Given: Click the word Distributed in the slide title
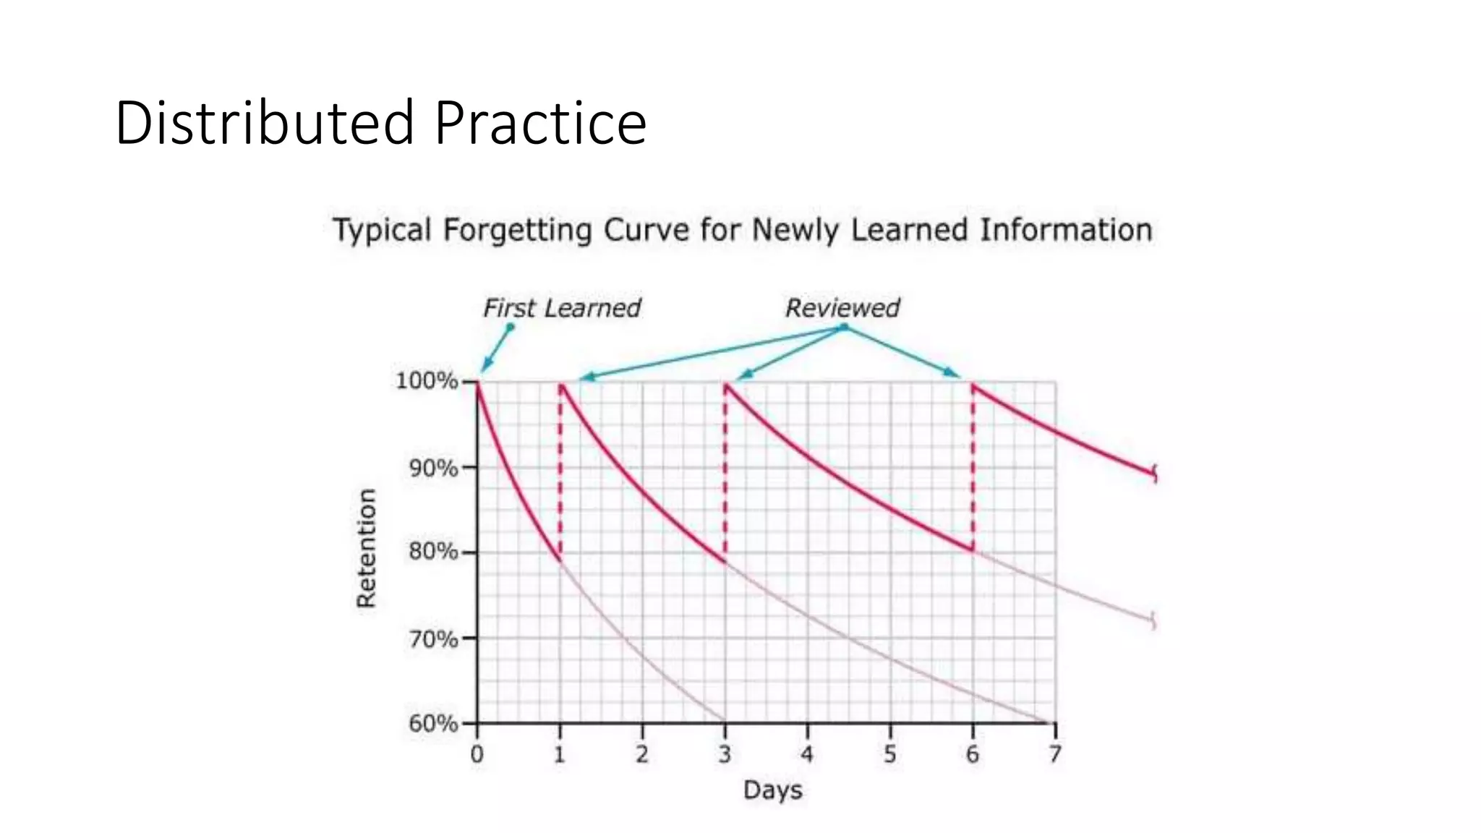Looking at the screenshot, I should (x=265, y=123).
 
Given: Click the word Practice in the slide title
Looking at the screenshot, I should (x=540, y=123).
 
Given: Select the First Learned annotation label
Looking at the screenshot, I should (x=561, y=308).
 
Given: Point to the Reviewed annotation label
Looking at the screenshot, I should (x=842, y=308).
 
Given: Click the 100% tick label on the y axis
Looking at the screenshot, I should (x=426, y=381).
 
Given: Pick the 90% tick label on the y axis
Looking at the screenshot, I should (x=432, y=468).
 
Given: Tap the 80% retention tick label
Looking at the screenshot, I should (x=432, y=552).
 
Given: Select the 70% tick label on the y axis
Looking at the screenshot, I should (x=432, y=638).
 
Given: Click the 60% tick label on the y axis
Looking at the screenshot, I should (x=432, y=723).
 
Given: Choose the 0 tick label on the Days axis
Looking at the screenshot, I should (x=477, y=754).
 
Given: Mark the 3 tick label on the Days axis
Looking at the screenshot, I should (x=725, y=754).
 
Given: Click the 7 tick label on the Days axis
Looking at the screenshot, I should (x=1055, y=754).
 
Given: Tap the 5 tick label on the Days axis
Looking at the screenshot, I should (x=890, y=754).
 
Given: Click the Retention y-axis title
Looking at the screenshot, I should (x=367, y=547).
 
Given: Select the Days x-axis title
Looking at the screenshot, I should (x=772, y=790).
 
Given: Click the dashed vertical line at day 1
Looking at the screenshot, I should (x=560, y=470).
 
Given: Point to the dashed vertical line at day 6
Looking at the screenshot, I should (x=973, y=470).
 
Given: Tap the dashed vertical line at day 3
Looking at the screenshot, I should (x=725, y=470).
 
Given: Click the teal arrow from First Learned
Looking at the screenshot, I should (x=497, y=349).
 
